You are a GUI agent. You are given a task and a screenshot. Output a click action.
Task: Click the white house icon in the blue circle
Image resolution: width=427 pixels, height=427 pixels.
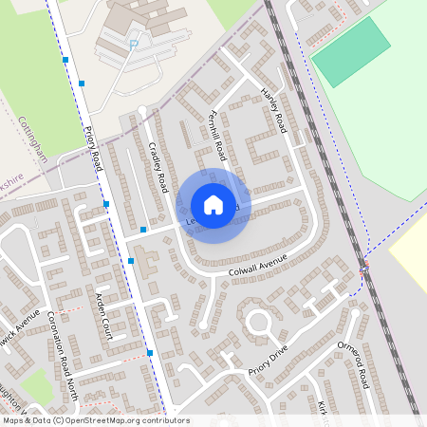click(x=213, y=205)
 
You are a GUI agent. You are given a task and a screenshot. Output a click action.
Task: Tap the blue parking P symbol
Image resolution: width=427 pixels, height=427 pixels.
click(x=134, y=43)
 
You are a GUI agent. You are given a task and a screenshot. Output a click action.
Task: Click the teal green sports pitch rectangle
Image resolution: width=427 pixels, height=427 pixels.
click(x=351, y=51)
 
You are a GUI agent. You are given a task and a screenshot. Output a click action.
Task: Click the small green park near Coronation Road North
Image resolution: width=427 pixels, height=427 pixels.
click(x=35, y=385)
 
